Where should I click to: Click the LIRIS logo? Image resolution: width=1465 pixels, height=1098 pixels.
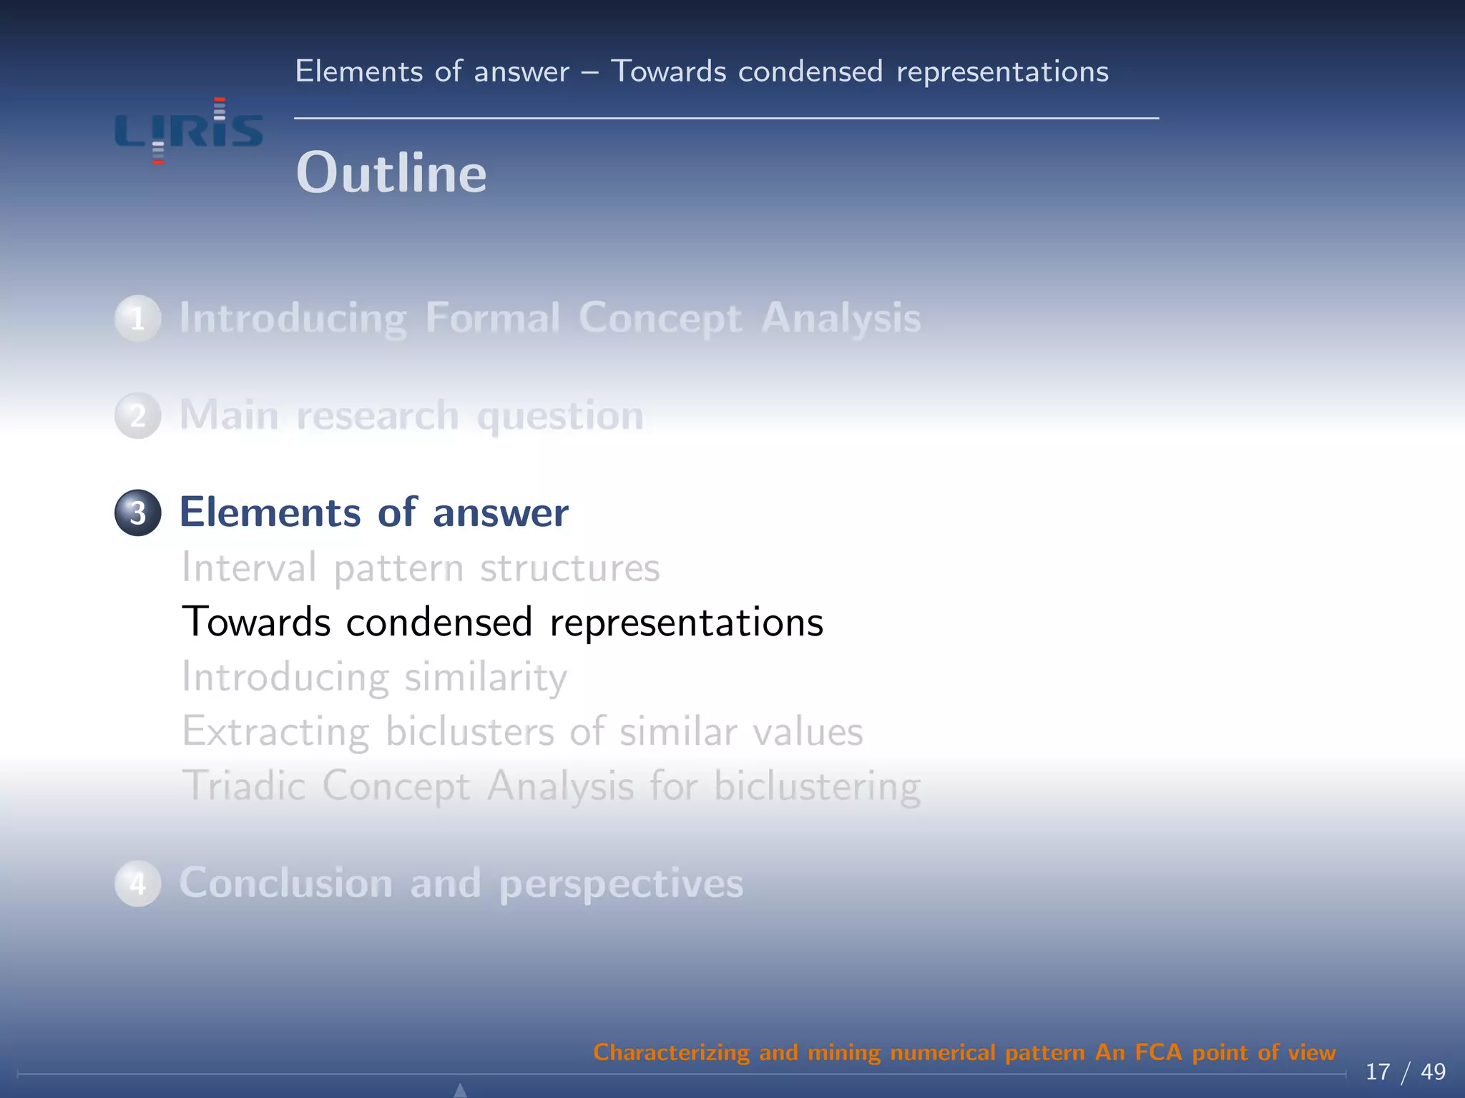click(x=189, y=131)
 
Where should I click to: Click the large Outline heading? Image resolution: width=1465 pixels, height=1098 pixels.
click(x=391, y=173)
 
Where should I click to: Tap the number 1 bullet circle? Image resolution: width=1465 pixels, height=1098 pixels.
click(x=137, y=318)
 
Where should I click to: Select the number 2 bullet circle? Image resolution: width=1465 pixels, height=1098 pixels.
click(x=137, y=415)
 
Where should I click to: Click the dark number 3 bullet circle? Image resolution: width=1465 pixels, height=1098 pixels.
click(x=137, y=513)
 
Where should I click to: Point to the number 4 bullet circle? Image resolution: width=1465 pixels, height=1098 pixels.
click(x=137, y=884)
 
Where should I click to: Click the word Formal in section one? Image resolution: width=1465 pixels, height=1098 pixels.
click(x=492, y=317)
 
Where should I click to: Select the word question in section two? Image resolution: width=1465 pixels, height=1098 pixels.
click(x=560, y=416)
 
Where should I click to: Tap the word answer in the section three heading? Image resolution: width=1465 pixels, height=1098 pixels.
click(x=500, y=513)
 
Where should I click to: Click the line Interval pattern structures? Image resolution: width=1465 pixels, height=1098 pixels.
click(x=420, y=568)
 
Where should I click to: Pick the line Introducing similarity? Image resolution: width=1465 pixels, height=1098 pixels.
click(x=374, y=677)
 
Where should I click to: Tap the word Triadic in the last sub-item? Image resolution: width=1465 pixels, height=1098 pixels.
click(x=244, y=786)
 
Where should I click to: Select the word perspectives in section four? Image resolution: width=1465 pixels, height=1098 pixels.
click(x=621, y=884)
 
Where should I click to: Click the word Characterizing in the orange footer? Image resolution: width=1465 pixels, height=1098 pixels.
click(x=670, y=1052)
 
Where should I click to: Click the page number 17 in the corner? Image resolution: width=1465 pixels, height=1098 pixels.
click(x=1378, y=1072)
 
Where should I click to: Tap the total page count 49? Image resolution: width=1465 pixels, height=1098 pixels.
click(x=1433, y=1072)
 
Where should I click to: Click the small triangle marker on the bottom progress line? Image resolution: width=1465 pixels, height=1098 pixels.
click(x=461, y=1089)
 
